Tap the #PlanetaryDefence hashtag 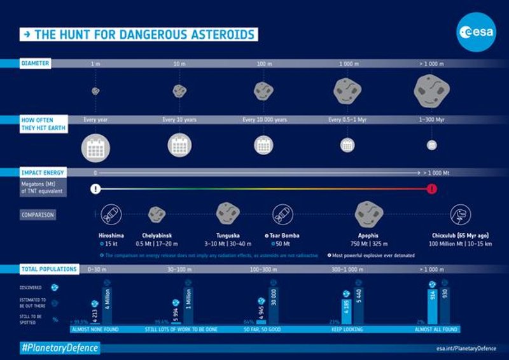tap(60, 347)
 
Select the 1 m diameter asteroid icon tap(95, 91)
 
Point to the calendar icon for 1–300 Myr tap(432, 145)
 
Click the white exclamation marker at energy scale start tap(95, 188)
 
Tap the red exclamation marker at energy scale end tap(433, 188)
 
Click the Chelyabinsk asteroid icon tap(157, 214)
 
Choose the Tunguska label tap(228, 235)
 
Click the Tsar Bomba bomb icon tap(281, 214)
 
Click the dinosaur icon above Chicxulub tap(459, 214)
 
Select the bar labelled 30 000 tap(272, 308)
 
